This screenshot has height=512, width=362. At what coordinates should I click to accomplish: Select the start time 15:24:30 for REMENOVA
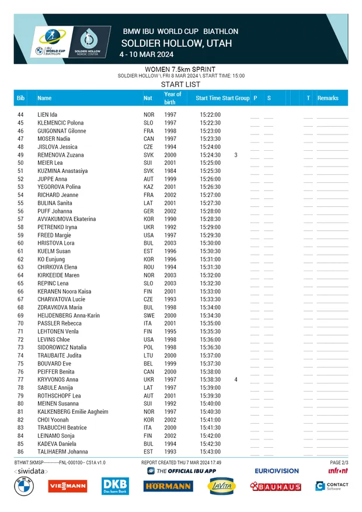(x=210, y=155)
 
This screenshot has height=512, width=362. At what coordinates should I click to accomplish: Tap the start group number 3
(x=236, y=155)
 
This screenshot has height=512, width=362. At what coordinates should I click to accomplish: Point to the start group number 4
(x=236, y=380)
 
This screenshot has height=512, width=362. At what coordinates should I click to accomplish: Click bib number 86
(x=20, y=452)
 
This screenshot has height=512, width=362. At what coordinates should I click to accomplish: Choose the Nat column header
(x=148, y=98)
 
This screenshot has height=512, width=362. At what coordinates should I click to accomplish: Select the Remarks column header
(x=328, y=98)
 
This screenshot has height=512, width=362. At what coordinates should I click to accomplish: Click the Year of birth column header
(x=172, y=98)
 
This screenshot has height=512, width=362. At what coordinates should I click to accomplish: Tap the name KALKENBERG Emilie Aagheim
(x=73, y=412)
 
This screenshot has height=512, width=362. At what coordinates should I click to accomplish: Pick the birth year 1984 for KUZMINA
(x=170, y=171)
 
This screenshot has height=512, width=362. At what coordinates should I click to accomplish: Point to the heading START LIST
(x=180, y=85)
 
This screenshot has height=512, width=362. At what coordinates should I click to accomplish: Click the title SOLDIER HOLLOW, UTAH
(x=176, y=43)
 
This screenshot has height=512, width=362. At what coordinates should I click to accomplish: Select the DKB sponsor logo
(x=114, y=486)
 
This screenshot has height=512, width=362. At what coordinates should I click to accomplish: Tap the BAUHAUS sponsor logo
(x=276, y=486)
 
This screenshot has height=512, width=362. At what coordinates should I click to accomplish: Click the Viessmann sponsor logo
(x=67, y=486)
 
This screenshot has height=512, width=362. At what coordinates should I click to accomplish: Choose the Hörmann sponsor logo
(x=168, y=486)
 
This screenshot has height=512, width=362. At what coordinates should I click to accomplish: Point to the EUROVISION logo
(x=277, y=471)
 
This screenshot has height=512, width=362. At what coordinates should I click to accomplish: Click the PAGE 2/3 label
(x=339, y=462)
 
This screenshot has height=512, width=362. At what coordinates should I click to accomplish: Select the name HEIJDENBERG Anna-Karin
(x=69, y=316)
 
